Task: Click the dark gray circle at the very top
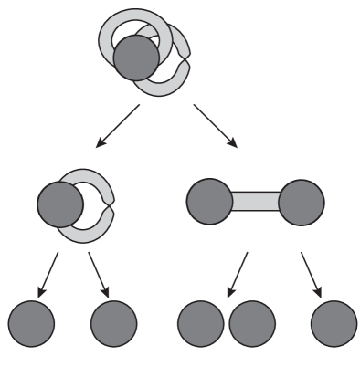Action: pyautogui.click(x=136, y=57)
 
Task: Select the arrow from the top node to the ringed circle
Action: pyautogui.click(x=117, y=126)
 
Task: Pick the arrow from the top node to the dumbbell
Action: pyautogui.click(x=216, y=126)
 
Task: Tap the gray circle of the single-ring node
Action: pyautogui.click(x=60, y=204)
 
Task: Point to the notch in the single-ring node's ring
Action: pyautogui.click(x=111, y=204)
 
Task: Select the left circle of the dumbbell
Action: pyautogui.click(x=209, y=202)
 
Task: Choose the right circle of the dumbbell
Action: pyautogui.click(x=302, y=202)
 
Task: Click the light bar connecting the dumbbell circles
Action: pyautogui.click(x=256, y=202)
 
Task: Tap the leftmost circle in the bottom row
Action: pyautogui.click(x=32, y=323)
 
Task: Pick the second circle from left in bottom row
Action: pyautogui.click(x=114, y=323)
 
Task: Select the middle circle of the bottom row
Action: pyautogui.click(x=200, y=323)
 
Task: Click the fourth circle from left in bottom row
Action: pyautogui.click(x=252, y=323)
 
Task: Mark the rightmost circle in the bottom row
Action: pyautogui.click(x=334, y=323)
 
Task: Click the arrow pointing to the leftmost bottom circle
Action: pyautogui.click(x=48, y=275)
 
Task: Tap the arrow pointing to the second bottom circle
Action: pyautogui.click(x=99, y=275)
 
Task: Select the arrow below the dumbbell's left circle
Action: pyautogui.click(x=237, y=275)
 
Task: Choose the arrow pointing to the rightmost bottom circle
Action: pyautogui.click(x=312, y=275)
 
